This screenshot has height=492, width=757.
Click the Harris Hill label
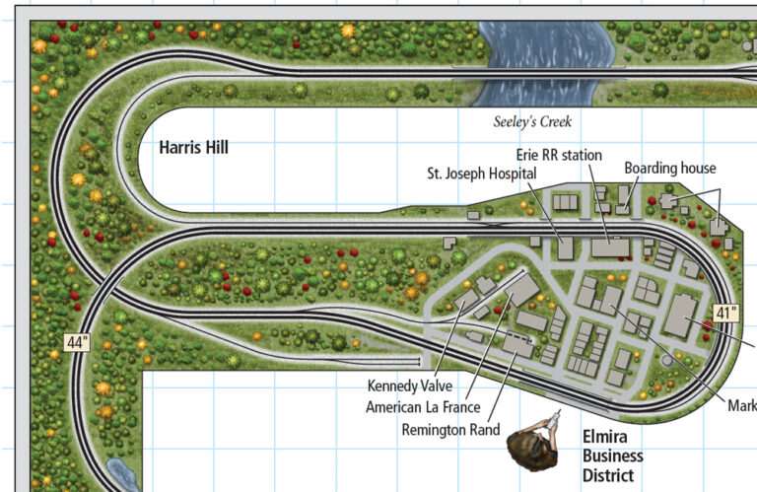coord(193,148)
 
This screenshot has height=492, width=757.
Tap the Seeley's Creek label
coord(532,122)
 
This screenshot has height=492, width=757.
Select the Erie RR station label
coord(557,155)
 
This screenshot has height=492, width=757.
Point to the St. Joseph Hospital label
coord(481,174)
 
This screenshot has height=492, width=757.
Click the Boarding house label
coord(669,169)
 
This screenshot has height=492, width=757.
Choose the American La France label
coord(423,407)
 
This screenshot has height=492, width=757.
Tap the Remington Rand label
coord(451,430)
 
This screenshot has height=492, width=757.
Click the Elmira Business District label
coord(612,456)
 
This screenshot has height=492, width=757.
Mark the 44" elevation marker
coord(77,343)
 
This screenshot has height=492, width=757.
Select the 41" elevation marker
coord(726,315)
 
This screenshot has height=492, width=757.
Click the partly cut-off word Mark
coord(742,405)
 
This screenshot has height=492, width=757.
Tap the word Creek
coord(554,122)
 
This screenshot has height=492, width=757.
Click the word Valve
coord(434,386)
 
